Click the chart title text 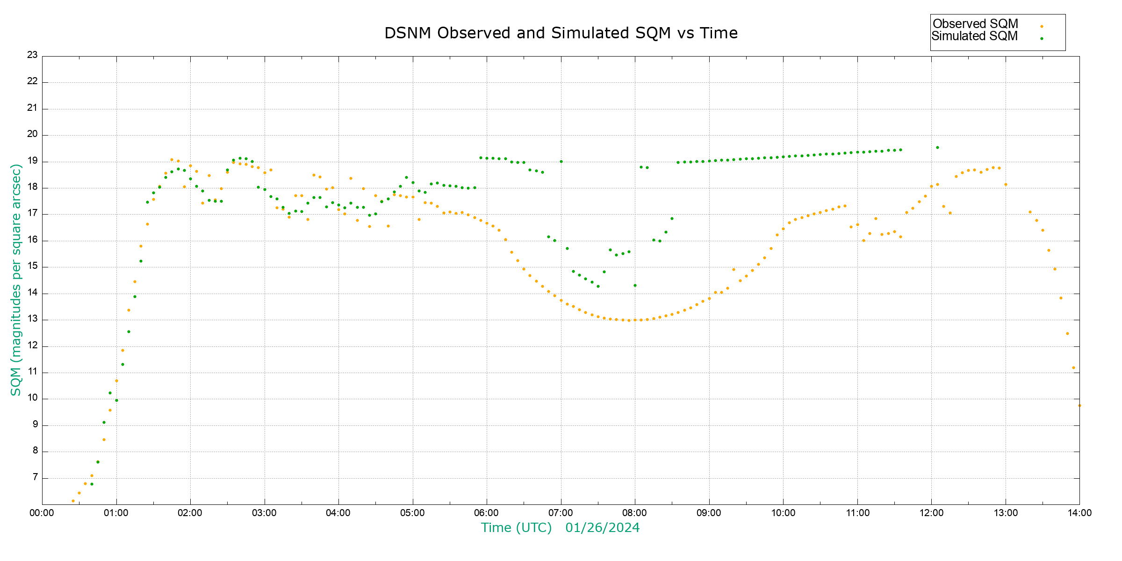click(x=561, y=33)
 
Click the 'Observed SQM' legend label click(x=975, y=24)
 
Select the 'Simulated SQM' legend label click(x=974, y=36)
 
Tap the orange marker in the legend click(x=1042, y=27)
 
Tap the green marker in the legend click(x=1042, y=39)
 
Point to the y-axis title click(x=16, y=280)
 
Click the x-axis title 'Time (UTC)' click(x=516, y=528)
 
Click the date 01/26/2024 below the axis click(x=602, y=528)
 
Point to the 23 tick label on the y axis click(x=32, y=55)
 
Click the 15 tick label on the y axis click(x=32, y=266)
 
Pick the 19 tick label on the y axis click(x=32, y=161)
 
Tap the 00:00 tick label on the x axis click(x=42, y=513)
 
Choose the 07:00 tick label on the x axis click(x=561, y=513)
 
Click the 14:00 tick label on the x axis click(x=1079, y=513)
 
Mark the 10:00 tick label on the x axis click(x=783, y=513)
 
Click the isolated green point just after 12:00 click(x=937, y=147)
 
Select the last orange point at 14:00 click(x=1079, y=405)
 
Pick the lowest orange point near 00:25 click(x=73, y=501)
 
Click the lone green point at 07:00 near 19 click(x=561, y=161)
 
